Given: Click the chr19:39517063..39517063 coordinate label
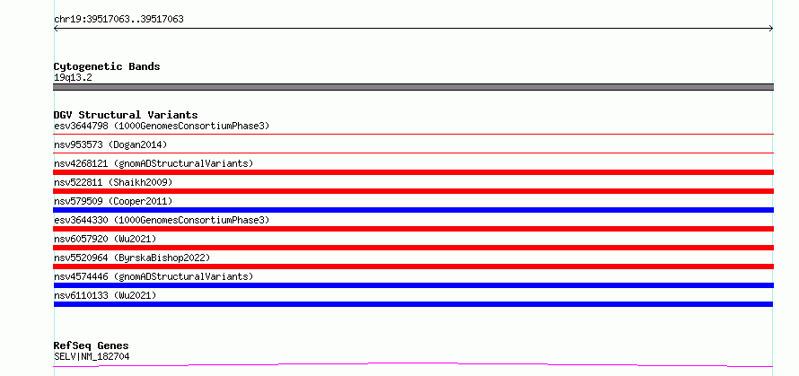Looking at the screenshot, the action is point(119,20).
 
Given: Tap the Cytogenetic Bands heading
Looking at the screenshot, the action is point(107,66).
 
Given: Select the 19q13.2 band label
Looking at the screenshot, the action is point(73,78).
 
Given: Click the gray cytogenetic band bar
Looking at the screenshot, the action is point(413,87).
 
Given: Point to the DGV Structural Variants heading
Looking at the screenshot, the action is point(126,115).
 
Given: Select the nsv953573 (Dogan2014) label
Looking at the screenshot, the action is point(110,144).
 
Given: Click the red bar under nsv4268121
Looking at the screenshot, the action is point(413,172).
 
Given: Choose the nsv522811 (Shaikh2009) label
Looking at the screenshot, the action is point(113,182).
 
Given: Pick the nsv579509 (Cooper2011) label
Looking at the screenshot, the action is point(113,201).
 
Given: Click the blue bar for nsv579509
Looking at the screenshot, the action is point(413,210).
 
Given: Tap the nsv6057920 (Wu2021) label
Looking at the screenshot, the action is point(105,239).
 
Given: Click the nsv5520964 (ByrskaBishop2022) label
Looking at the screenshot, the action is point(132,258).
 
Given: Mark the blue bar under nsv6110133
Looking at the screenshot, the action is point(413,304).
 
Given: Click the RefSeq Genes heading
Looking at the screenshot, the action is point(91,346).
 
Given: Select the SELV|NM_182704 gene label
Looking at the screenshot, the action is point(92,356).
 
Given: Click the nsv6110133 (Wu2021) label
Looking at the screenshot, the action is point(105,295).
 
